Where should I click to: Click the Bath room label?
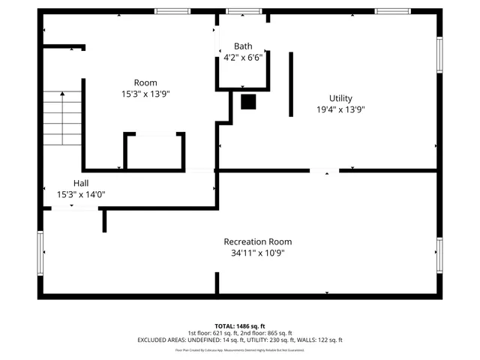[x=243, y=46]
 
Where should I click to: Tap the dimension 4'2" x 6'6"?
[x=243, y=58]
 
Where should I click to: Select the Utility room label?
[x=340, y=98]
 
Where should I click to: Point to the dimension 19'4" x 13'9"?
[x=340, y=109]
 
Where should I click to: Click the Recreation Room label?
[x=257, y=241]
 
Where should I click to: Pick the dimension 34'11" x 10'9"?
[x=257, y=253]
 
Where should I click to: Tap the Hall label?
[x=81, y=183]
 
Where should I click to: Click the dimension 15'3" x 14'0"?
[x=81, y=194]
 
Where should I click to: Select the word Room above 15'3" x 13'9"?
[x=145, y=82]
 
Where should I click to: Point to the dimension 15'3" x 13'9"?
[x=145, y=94]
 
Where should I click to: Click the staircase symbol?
[x=61, y=118]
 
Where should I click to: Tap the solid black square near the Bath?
[x=248, y=101]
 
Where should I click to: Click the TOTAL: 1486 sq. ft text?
[x=239, y=326]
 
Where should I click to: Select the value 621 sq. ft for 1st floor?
[x=224, y=333]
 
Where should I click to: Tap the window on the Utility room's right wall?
[x=440, y=55]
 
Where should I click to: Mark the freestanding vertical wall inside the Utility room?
[x=291, y=84]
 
